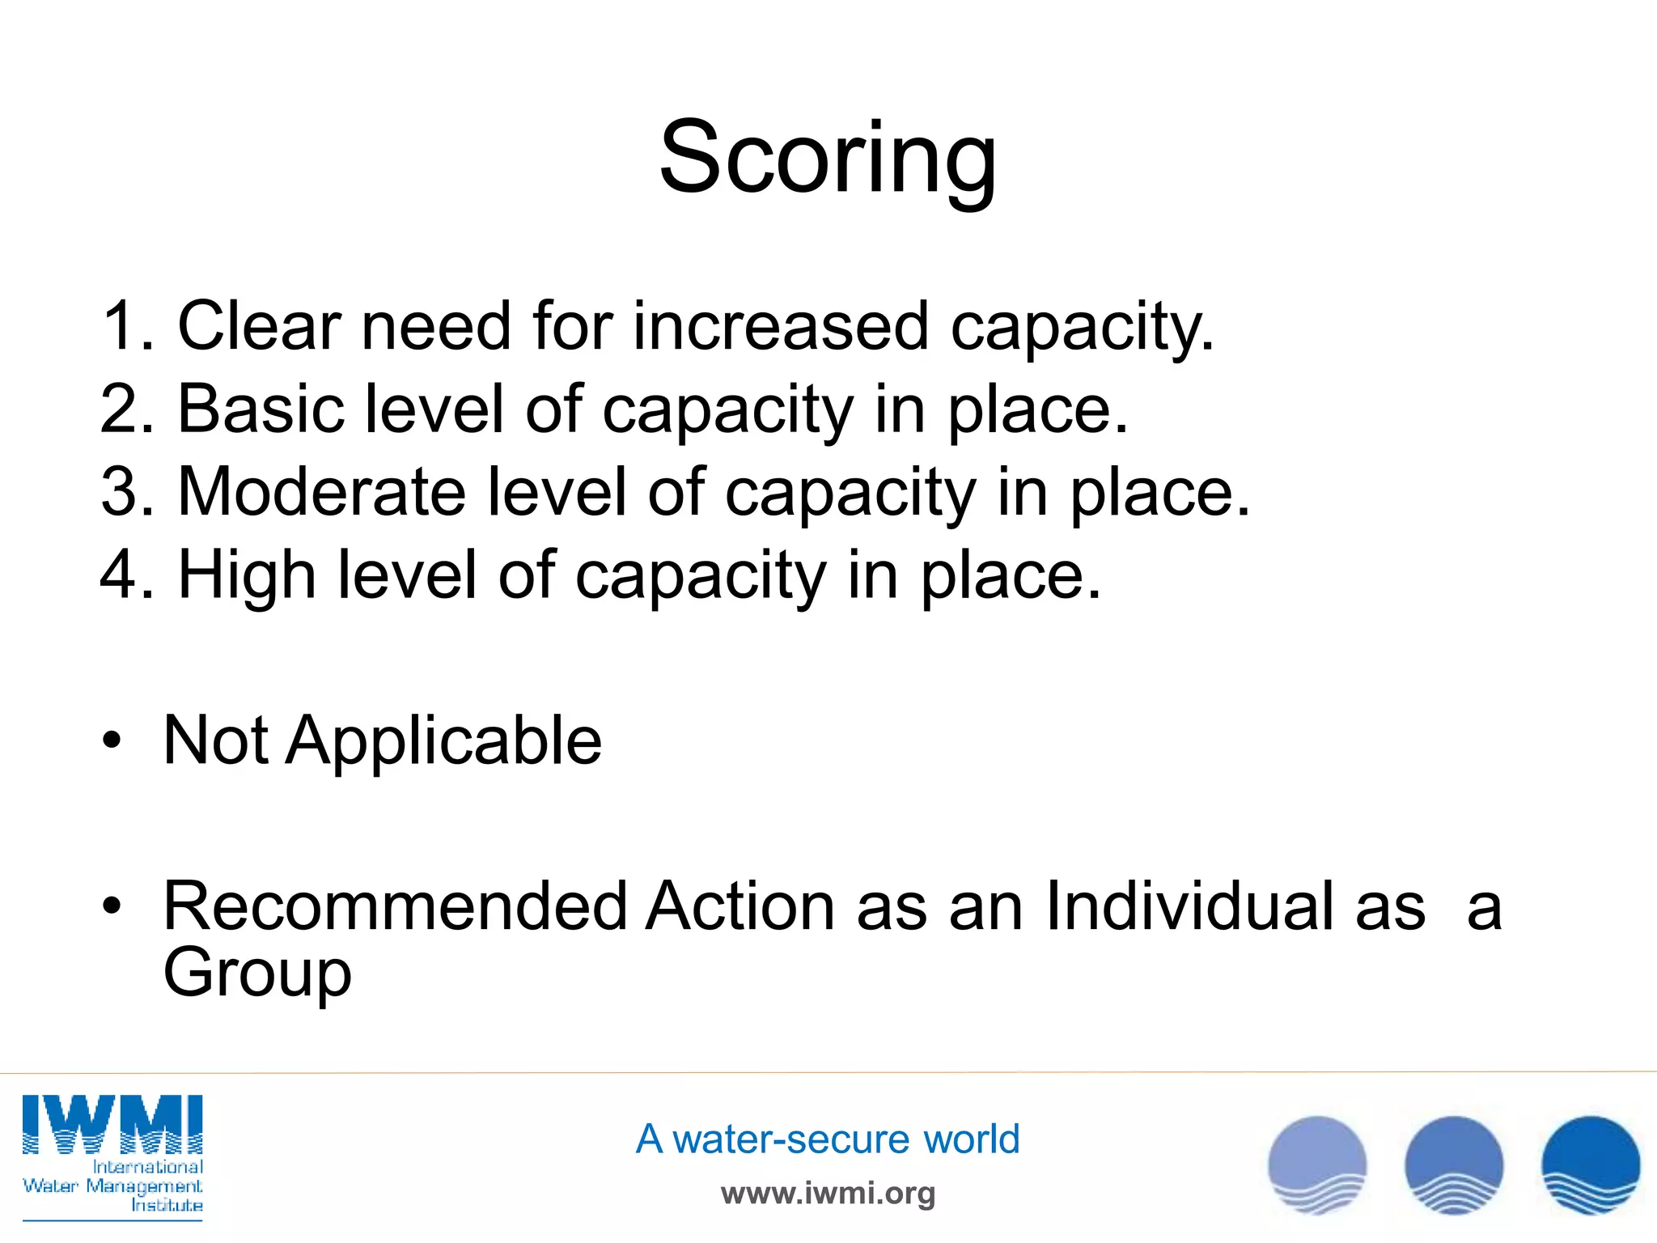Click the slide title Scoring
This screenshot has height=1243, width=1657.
(828, 158)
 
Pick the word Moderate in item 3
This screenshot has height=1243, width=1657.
(321, 492)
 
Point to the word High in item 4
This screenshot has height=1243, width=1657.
(246, 575)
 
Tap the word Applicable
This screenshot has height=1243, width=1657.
(444, 740)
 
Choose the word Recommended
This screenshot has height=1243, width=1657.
(395, 907)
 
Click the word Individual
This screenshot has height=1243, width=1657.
(1235, 907)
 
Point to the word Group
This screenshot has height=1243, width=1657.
(257, 974)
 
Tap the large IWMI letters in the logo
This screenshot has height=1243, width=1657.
(112, 1124)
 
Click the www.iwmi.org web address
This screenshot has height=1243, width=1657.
(828, 1193)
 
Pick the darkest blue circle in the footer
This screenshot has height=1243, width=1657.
(1591, 1165)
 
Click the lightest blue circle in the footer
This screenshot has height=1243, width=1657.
(1317, 1165)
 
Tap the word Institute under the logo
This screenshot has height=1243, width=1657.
(167, 1206)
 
